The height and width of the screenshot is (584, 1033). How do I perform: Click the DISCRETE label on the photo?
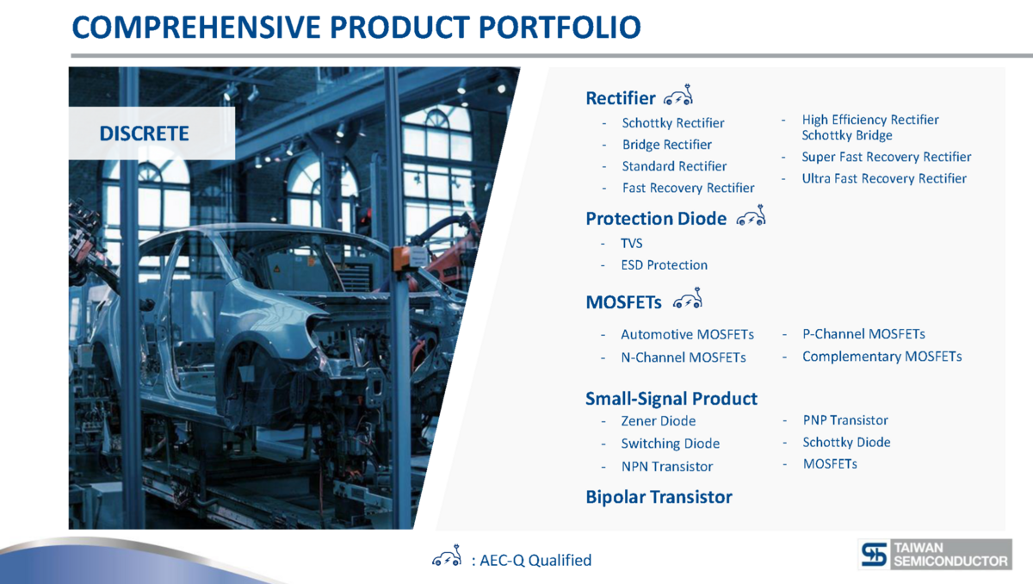click(144, 134)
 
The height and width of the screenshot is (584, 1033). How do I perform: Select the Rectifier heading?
click(621, 98)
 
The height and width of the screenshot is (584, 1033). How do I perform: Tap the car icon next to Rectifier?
click(678, 95)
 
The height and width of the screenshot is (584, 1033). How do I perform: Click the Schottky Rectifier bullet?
click(673, 123)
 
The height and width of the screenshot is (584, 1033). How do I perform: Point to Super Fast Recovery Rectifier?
click(887, 157)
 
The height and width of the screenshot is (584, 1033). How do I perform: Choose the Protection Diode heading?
click(656, 219)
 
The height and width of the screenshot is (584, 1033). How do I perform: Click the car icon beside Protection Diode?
click(751, 215)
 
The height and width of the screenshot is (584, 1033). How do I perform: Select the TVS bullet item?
click(631, 243)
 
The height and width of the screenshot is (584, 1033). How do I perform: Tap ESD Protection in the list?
click(664, 264)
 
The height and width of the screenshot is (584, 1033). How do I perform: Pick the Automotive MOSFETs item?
click(687, 334)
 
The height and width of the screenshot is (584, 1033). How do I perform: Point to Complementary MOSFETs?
click(881, 357)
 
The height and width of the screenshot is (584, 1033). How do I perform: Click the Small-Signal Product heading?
click(671, 399)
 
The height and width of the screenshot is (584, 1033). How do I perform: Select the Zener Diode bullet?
click(658, 420)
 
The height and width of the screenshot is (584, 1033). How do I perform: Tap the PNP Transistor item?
click(845, 420)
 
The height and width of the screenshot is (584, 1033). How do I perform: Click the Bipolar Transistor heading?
click(659, 497)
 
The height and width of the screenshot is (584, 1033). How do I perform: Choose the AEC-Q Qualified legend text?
click(535, 560)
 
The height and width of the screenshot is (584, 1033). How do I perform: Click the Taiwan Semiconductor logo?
click(935, 554)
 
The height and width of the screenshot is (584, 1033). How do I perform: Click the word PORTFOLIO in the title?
click(560, 28)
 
